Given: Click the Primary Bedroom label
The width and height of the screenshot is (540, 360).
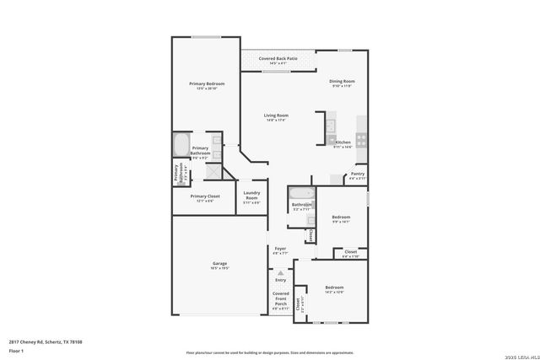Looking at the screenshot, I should click(207, 83).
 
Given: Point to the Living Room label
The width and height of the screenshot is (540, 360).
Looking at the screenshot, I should click(276, 115).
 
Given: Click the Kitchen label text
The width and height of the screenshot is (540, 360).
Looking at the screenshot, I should click(343, 142).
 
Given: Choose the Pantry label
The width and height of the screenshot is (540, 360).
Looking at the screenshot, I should click(358, 174).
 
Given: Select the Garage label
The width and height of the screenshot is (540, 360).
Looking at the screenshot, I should click(219, 264).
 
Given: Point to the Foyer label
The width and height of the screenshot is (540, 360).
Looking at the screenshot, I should click(280, 249).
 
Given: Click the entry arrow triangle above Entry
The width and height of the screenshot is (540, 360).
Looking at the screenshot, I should click(280, 272).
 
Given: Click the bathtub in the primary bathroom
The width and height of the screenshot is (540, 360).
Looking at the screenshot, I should click(181, 144).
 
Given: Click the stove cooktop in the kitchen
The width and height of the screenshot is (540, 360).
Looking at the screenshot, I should click(361, 138).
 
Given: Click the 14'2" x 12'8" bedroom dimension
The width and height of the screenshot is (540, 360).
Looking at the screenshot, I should click(335, 292).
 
